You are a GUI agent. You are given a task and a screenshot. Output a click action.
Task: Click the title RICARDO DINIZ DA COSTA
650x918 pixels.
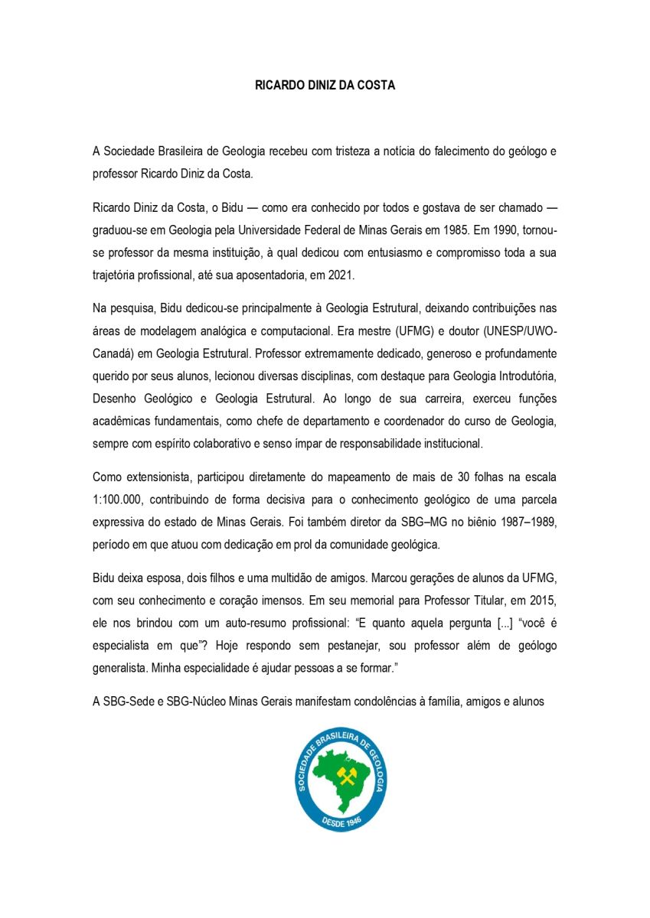(325, 86)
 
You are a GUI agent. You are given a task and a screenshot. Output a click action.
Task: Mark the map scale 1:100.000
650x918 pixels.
(119, 500)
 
